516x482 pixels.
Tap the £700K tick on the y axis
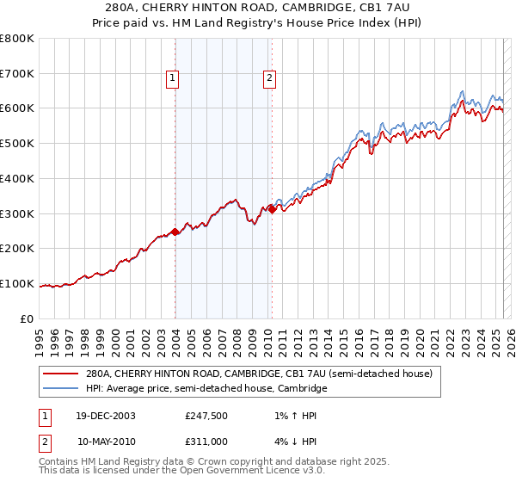coord(17,74)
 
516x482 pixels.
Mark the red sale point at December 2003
coord(175,232)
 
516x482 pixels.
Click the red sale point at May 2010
coord(272,209)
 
